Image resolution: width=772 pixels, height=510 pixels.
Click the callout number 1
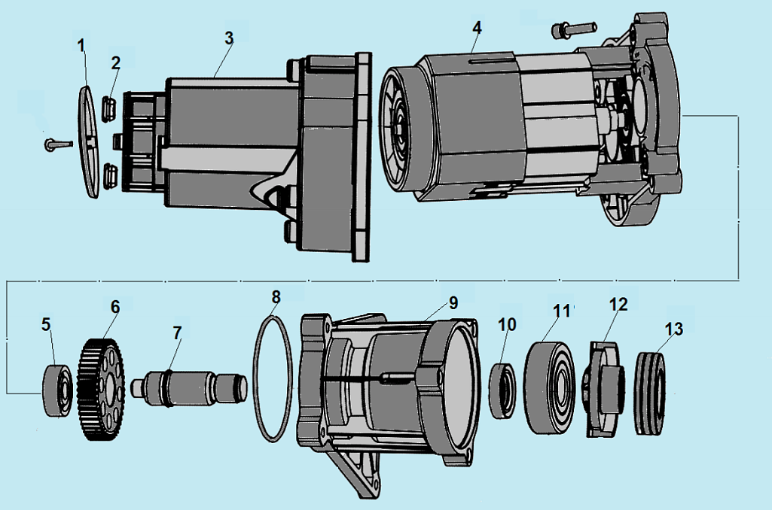click(x=82, y=46)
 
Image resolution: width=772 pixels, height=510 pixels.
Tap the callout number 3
click(x=229, y=38)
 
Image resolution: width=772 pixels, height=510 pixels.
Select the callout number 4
click(x=477, y=28)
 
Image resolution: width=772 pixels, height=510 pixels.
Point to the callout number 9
click(x=453, y=302)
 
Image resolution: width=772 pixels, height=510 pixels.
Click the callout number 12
click(x=618, y=305)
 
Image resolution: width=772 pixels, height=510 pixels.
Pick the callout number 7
click(x=177, y=332)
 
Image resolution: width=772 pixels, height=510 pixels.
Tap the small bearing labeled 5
click(x=59, y=390)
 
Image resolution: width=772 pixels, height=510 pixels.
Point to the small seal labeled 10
click(x=502, y=390)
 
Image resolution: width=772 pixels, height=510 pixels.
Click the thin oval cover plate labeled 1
click(x=89, y=142)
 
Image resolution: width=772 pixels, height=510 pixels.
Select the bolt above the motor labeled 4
click(x=574, y=29)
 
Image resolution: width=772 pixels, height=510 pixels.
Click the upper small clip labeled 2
click(x=109, y=108)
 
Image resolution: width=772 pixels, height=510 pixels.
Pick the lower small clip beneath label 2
click(x=111, y=175)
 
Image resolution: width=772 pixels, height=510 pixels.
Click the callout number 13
click(x=674, y=328)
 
